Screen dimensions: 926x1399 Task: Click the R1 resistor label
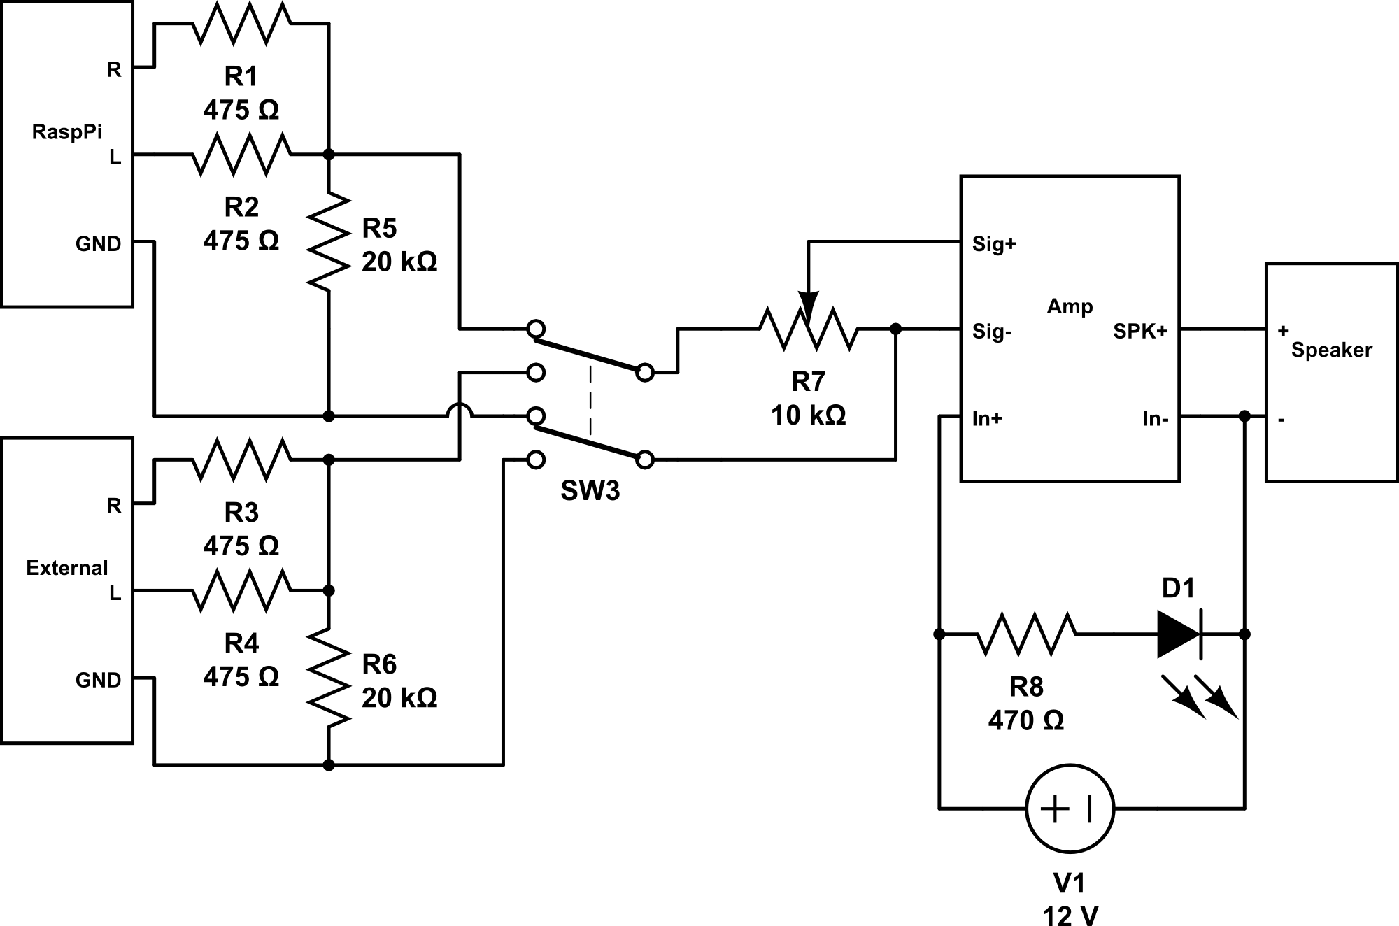click(x=241, y=76)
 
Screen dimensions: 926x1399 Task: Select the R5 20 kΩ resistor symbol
click(x=329, y=241)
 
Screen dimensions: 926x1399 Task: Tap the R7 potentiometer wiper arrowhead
click(x=809, y=308)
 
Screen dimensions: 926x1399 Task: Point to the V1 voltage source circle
click(x=1070, y=809)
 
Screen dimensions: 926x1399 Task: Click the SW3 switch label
click(x=590, y=491)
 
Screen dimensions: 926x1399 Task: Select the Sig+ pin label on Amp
click(x=994, y=245)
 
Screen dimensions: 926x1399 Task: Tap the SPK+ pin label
click(x=1140, y=332)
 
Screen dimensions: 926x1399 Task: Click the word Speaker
click(x=1331, y=350)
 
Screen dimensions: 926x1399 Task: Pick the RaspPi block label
click(x=67, y=131)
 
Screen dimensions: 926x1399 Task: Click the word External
click(x=67, y=567)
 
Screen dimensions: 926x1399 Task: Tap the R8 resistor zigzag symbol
click(x=1026, y=634)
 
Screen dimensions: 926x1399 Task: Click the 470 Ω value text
click(x=1025, y=720)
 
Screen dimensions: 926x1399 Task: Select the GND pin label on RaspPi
click(x=98, y=244)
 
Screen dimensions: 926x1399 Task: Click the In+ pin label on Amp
click(x=987, y=419)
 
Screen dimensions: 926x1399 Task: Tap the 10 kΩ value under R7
click(x=808, y=415)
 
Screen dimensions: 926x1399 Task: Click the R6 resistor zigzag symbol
click(x=329, y=677)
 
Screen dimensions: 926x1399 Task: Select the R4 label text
click(x=241, y=643)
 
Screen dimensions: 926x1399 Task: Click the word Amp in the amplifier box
click(x=1070, y=306)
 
